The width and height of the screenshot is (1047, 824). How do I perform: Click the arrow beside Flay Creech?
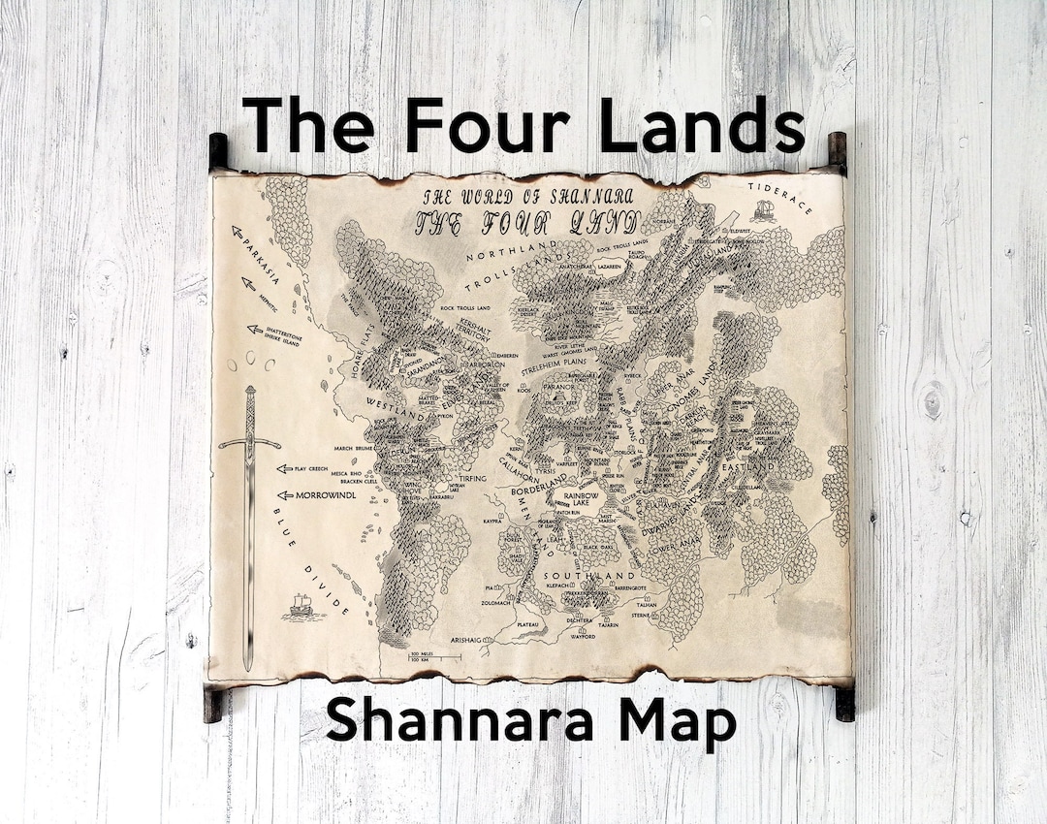(284, 468)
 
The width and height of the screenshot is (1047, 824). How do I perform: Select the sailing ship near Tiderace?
(764, 209)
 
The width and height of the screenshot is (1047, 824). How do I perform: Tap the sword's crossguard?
(249, 442)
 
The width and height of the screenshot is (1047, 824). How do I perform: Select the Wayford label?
(583, 637)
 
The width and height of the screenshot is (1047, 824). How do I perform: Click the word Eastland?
(747, 467)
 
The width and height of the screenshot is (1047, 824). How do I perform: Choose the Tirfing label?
(472, 478)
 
